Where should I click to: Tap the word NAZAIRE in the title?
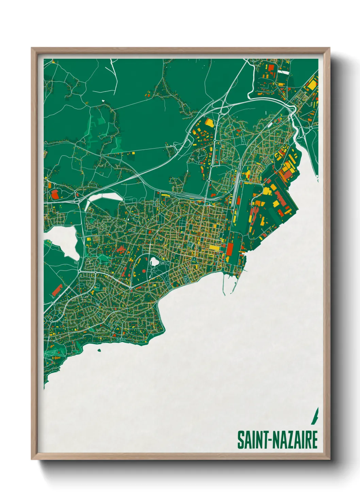coord(295,440)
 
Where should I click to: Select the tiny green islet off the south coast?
coord(99,350)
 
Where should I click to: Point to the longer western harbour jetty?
coord(224,284)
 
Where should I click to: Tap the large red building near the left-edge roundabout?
coord(54,194)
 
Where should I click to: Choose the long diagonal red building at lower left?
coord(57,289)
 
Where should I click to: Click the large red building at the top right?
coord(271,67)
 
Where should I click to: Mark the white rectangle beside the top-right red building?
coord(283,72)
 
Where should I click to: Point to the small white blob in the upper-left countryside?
coord(103,101)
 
